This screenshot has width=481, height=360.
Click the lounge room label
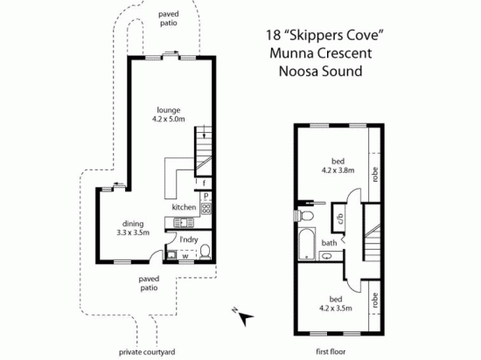pyautogui.click(x=169, y=115)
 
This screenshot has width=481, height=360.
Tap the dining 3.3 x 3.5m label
pyautogui.click(x=134, y=227)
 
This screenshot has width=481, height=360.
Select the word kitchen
pyautogui.click(x=184, y=207)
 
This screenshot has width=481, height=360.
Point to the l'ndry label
pyautogui.click(x=188, y=239)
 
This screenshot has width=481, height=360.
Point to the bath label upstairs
pyautogui.click(x=329, y=243)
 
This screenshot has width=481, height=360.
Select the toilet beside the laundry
pyautogui.click(x=204, y=254)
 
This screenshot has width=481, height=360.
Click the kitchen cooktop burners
pyautogui.click(x=206, y=209)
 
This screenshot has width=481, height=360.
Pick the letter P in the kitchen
pyautogui.click(x=206, y=197)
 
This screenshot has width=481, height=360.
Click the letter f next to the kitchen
pyautogui.click(x=204, y=183)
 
